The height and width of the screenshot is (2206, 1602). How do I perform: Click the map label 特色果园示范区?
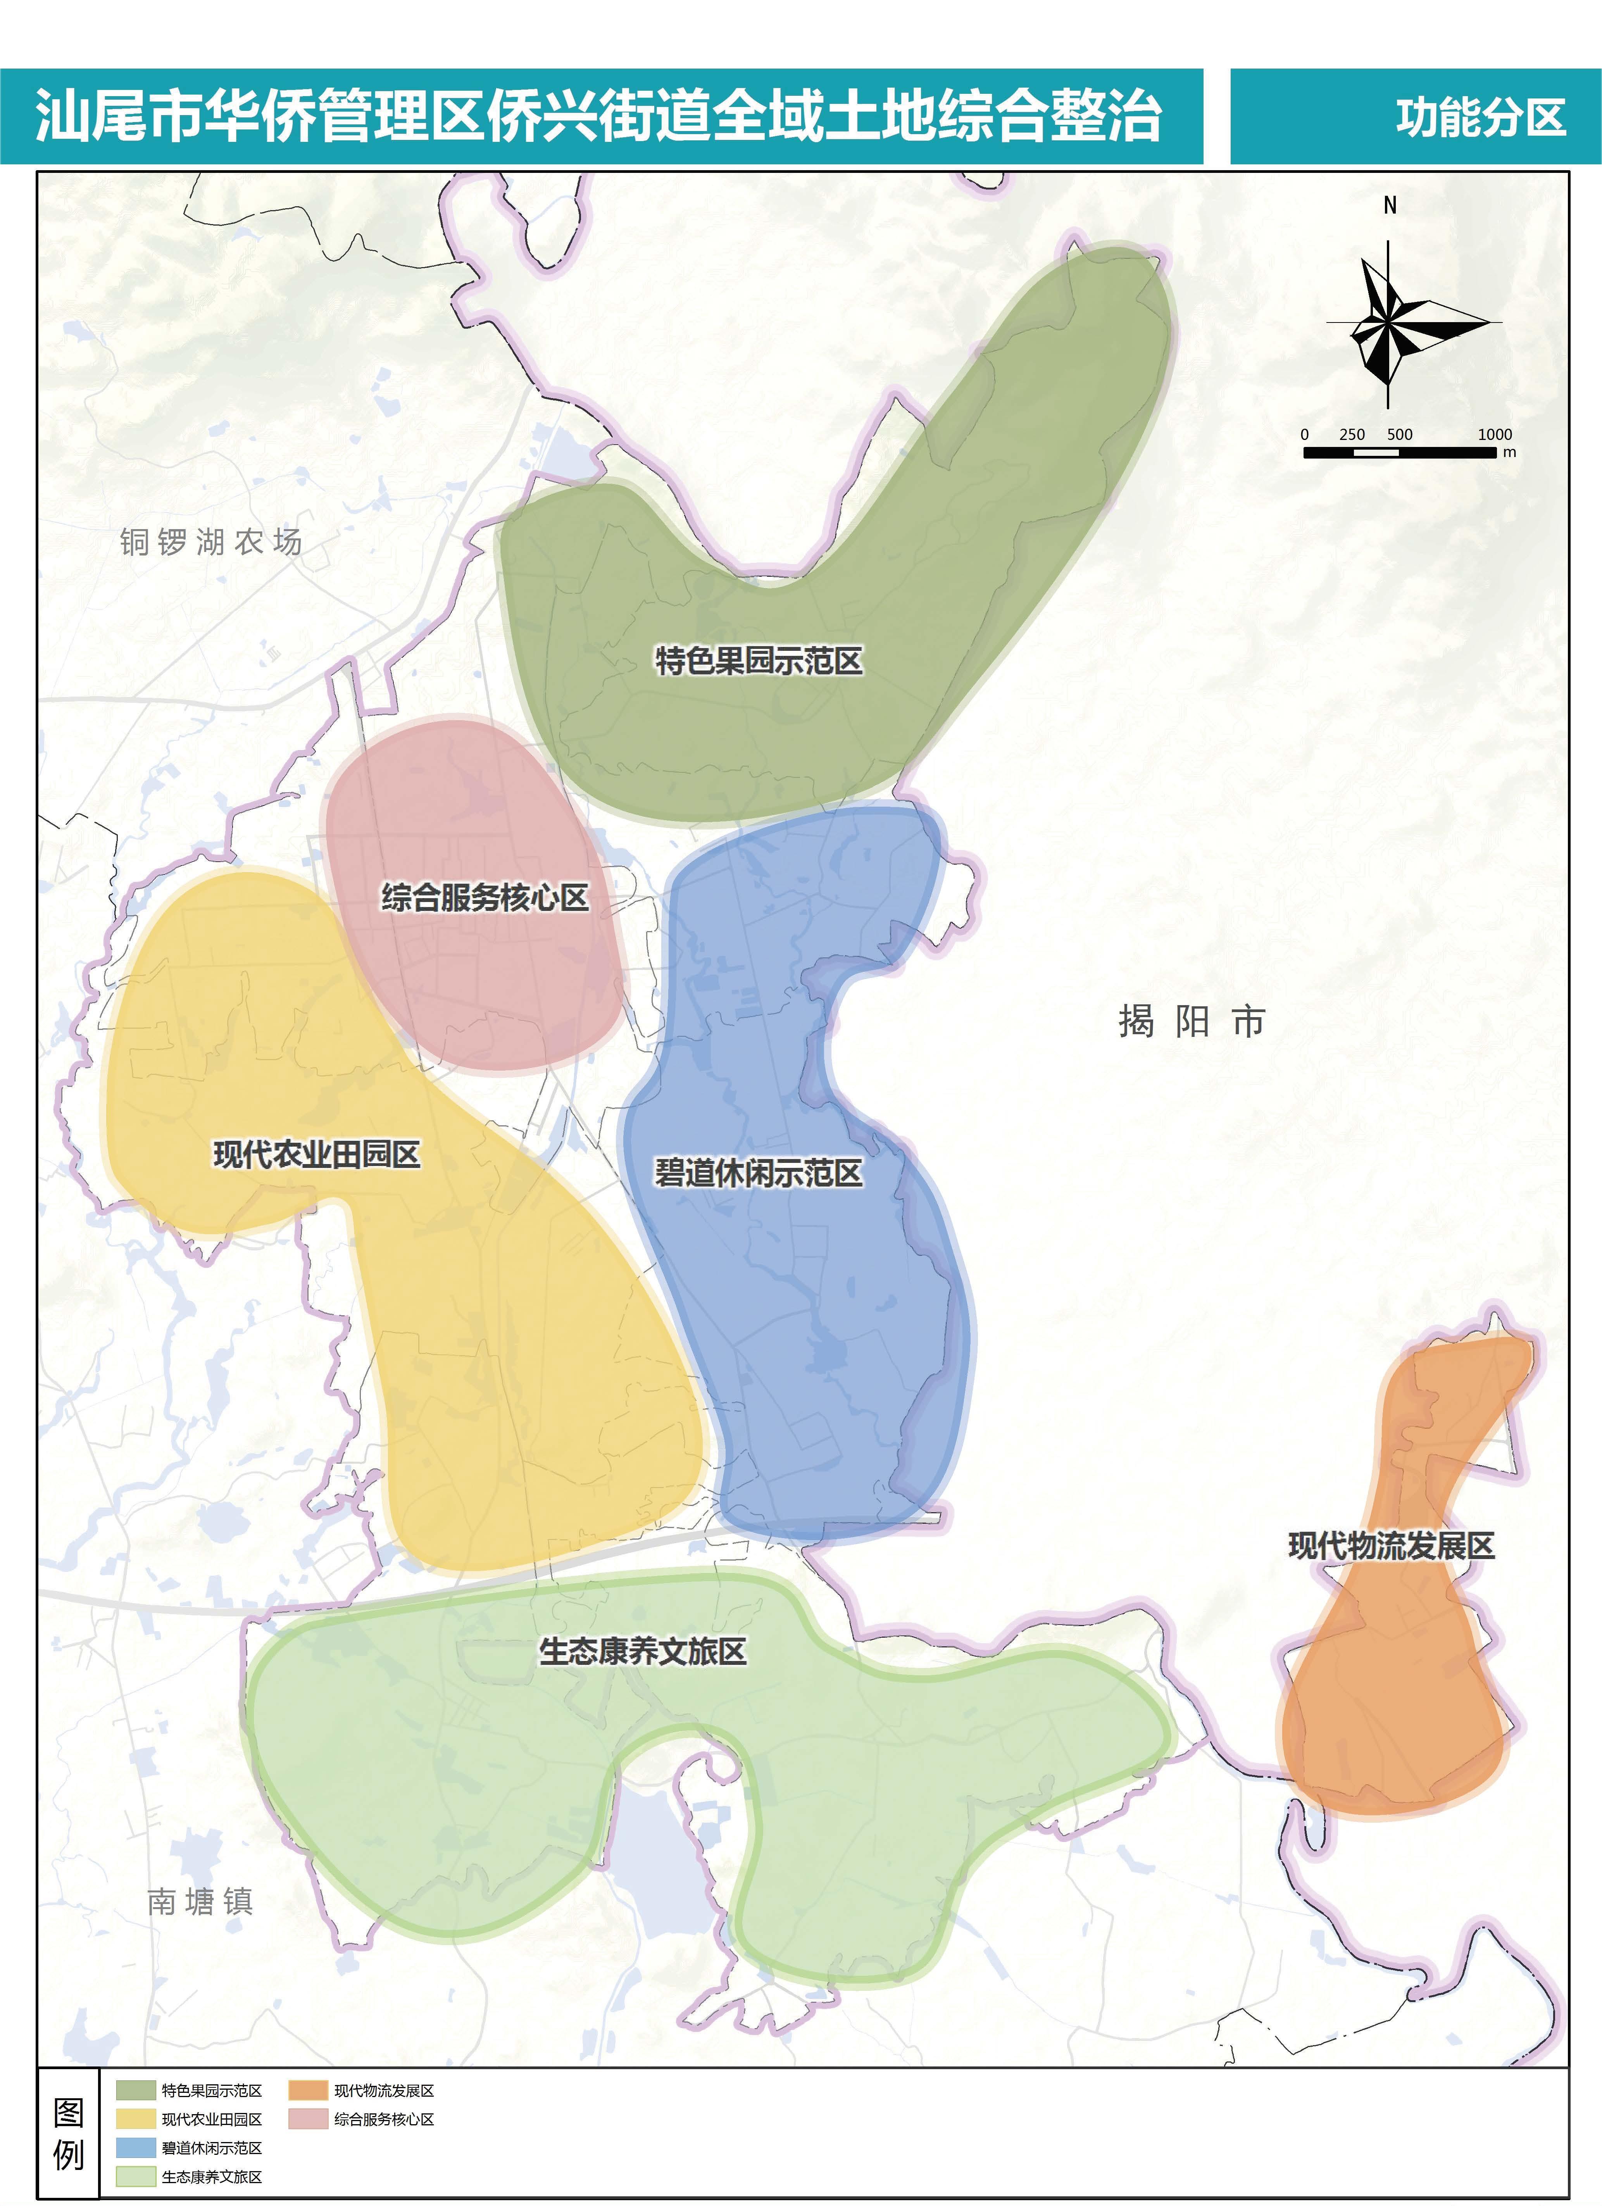[758, 661]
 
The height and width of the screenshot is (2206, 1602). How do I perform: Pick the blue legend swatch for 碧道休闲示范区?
[135, 2147]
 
